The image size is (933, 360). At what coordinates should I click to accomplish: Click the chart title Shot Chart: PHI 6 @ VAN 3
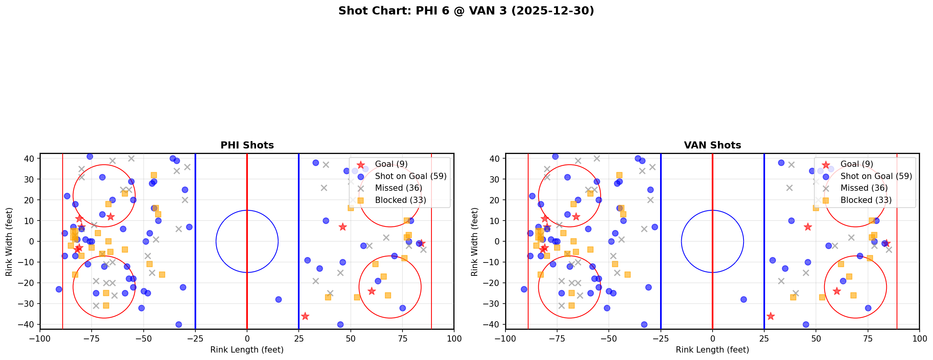pos(466,11)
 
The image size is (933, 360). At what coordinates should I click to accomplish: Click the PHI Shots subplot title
pos(247,145)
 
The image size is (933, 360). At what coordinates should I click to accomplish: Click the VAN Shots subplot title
pos(712,145)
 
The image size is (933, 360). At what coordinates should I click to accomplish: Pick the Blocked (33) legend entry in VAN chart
pos(866,200)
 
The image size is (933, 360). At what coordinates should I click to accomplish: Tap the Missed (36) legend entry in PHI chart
pos(398,188)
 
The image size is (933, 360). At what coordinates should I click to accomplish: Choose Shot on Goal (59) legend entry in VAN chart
pos(876,176)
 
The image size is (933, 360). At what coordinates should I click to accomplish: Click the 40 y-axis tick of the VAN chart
pos(496,159)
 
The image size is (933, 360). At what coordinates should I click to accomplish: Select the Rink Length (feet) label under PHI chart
pos(247,350)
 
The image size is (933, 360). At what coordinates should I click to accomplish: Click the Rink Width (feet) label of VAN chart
pos(475,241)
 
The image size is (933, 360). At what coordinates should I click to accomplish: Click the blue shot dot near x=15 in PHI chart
pos(278,299)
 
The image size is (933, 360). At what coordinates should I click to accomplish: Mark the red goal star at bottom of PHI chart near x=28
pos(305,316)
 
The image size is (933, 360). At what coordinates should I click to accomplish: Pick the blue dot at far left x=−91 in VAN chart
pos(524,289)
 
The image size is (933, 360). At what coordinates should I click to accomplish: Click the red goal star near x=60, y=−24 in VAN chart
pos(837,291)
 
